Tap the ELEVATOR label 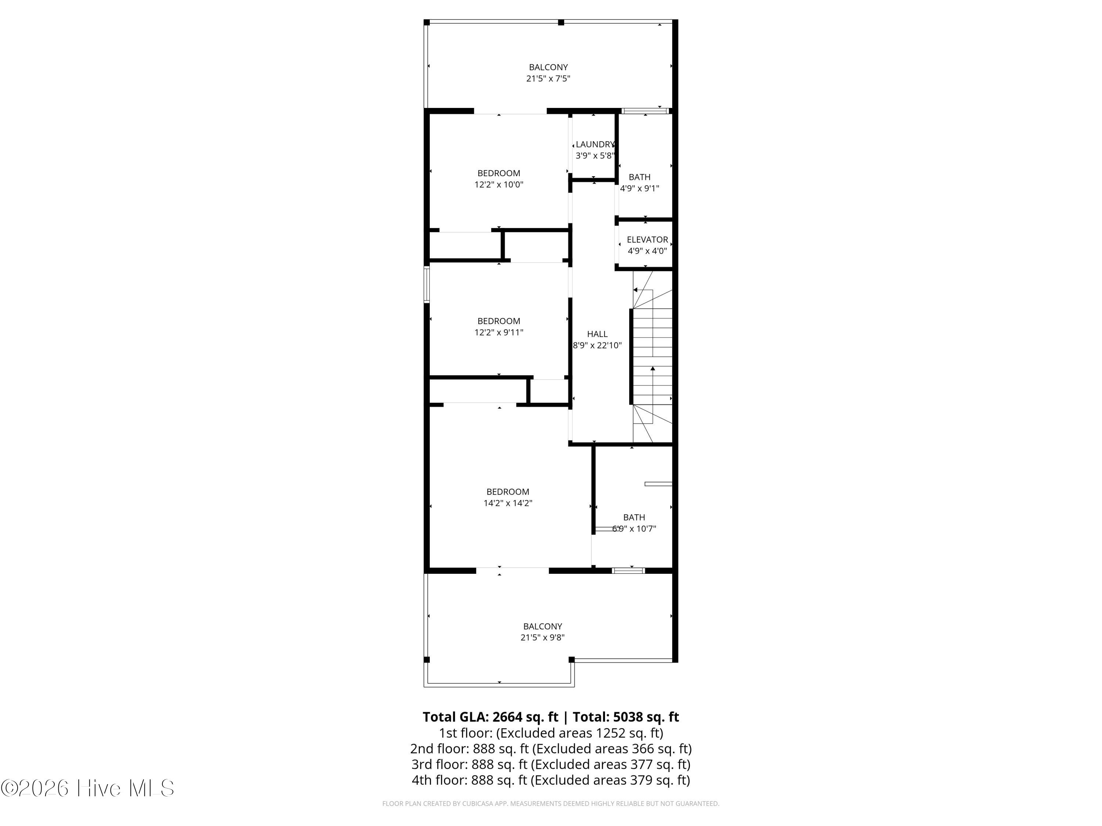647,239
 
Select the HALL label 597,334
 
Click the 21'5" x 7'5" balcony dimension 548,79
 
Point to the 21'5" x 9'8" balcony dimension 543,638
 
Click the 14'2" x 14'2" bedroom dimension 508,503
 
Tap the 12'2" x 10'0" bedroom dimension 499,185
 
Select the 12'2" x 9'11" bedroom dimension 499,333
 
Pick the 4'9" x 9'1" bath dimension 640,189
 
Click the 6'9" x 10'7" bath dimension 634,529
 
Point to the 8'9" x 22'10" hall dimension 597,345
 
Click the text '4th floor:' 439,780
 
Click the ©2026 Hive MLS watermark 88,788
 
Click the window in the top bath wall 645,111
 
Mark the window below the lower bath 628,570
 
